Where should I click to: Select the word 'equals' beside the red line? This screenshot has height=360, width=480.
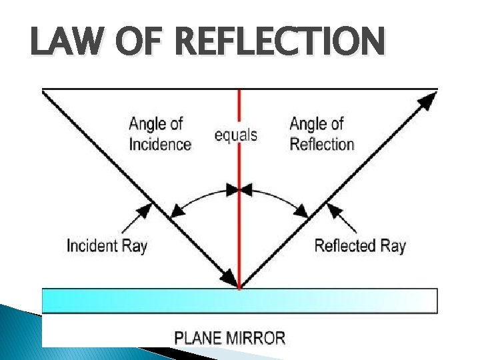point(235,135)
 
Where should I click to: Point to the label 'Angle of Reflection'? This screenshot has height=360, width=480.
point(321,134)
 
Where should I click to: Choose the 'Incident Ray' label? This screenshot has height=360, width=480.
point(107,245)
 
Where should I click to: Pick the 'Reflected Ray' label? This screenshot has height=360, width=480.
point(360,245)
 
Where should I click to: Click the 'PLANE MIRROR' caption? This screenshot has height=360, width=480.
point(229,337)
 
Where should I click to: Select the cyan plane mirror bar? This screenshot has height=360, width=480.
point(240,301)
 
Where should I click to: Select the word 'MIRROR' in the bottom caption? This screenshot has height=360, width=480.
point(255,337)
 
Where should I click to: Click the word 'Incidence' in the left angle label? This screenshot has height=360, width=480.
point(160,144)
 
